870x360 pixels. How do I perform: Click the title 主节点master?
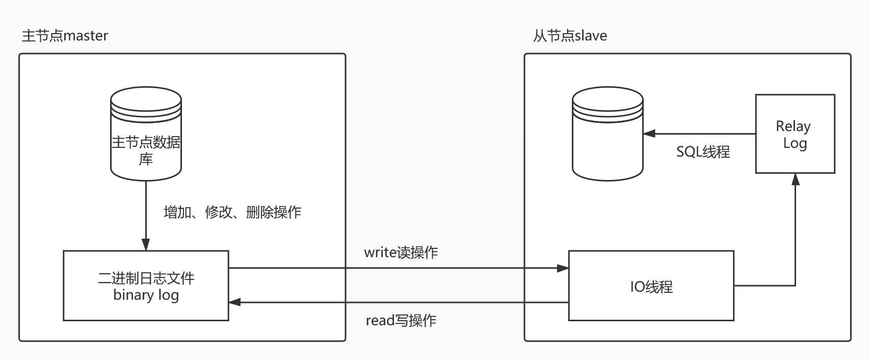[65, 36]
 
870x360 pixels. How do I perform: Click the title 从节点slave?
[570, 36]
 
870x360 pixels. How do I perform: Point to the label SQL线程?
[703, 152]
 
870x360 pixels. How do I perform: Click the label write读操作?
[401, 252]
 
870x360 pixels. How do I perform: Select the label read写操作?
[401, 321]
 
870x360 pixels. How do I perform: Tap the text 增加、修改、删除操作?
[232, 212]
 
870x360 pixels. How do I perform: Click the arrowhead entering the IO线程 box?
[563, 268]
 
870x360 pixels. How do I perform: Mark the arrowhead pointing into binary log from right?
[234, 302]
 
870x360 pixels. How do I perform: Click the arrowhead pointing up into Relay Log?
[795, 179]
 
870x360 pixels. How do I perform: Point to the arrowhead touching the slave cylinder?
[649, 134]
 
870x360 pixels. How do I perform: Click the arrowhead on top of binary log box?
[146, 245]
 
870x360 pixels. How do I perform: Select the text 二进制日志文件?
[146, 278]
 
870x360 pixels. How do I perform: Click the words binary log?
[146, 295]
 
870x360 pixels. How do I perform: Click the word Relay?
[793, 126]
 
